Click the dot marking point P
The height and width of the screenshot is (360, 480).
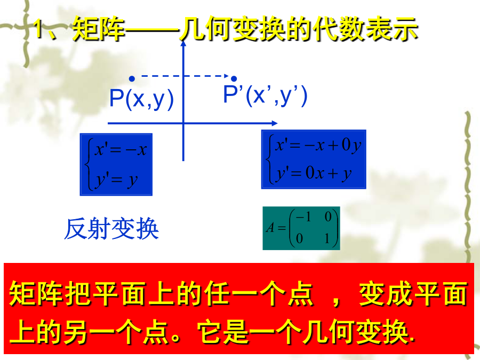[132, 79]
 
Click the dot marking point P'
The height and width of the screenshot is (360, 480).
[234, 79]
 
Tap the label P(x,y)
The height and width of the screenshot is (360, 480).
[141, 99]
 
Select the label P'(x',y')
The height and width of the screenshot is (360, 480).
[265, 95]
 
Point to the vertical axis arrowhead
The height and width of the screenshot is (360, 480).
[183, 44]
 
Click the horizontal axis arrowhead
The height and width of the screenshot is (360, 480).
[275, 123]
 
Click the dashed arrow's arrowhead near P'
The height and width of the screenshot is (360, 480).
[227, 76]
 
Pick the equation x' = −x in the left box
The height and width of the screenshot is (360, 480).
[121, 150]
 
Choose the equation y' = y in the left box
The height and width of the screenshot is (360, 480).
[116, 180]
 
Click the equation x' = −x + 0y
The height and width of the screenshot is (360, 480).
[318, 145]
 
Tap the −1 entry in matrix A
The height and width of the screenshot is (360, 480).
[303, 217]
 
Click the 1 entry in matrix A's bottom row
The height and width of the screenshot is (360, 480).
[327, 238]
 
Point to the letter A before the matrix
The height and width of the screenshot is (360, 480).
[270, 228]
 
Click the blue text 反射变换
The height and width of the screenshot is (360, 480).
[111, 229]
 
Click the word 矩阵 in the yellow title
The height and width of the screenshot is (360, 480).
[99, 29]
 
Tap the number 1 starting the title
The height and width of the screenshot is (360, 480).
[38, 29]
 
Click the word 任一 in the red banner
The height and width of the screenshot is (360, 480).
[231, 294]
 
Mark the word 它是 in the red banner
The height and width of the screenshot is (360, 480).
[223, 332]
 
